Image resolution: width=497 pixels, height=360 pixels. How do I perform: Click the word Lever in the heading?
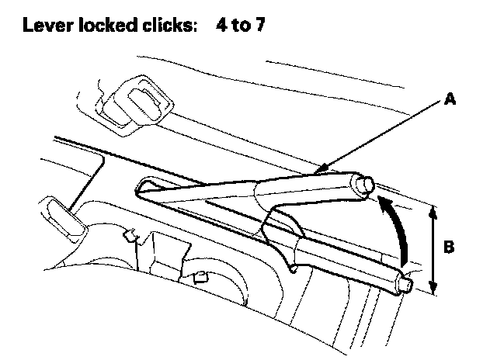pos(44,26)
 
